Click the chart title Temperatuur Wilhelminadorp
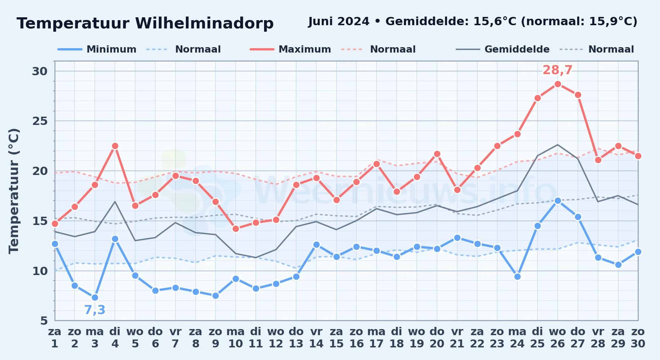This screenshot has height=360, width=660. tap(145, 23)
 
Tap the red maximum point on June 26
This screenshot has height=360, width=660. tap(558, 84)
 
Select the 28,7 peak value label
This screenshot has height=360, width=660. tap(557, 70)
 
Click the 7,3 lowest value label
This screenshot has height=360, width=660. tap(95, 310)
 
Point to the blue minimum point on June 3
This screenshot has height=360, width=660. tap(95, 297)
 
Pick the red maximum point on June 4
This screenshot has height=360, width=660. tap(115, 146)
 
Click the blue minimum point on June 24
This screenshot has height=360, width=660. tap(517, 276)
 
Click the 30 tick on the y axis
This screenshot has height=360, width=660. tap(40, 71)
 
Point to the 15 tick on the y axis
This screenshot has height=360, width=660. tap(40, 221)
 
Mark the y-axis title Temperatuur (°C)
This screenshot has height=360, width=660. tap(14, 191)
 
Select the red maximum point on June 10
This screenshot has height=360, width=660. tap(236, 229)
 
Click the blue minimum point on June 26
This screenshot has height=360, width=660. tap(558, 201)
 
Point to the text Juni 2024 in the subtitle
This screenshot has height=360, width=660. tap(339, 22)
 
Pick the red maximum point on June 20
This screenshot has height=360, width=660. tap(437, 154)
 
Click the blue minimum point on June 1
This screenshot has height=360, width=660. tap(55, 244)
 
